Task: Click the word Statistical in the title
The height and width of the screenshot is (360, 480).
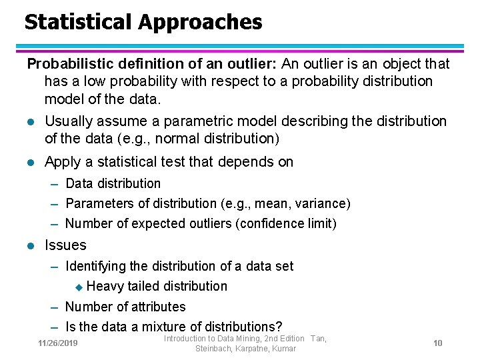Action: (x=79, y=22)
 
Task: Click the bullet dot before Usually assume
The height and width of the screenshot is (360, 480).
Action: (x=31, y=122)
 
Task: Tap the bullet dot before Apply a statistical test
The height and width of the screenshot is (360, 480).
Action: (x=31, y=163)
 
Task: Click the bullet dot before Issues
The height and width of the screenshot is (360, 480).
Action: (x=31, y=246)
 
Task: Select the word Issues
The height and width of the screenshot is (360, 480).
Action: (x=65, y=245)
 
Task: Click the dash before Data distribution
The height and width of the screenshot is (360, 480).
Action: (x=56, y=183)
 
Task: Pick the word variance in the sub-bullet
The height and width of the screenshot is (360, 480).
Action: (x=319, y=203)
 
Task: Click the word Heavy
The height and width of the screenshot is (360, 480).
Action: (x=105, y=287)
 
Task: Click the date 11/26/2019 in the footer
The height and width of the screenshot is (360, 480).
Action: (x=58, y=343)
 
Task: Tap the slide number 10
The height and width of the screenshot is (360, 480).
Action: (x=438, y=343)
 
